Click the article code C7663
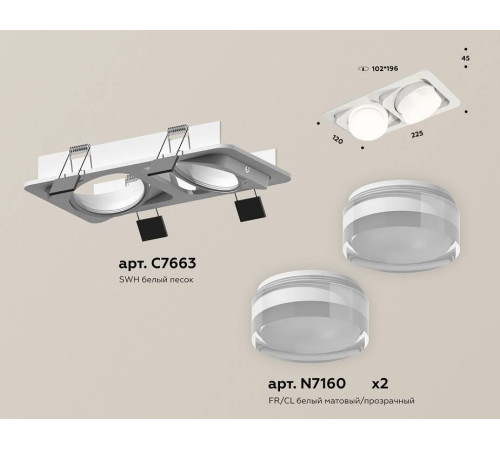155,263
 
